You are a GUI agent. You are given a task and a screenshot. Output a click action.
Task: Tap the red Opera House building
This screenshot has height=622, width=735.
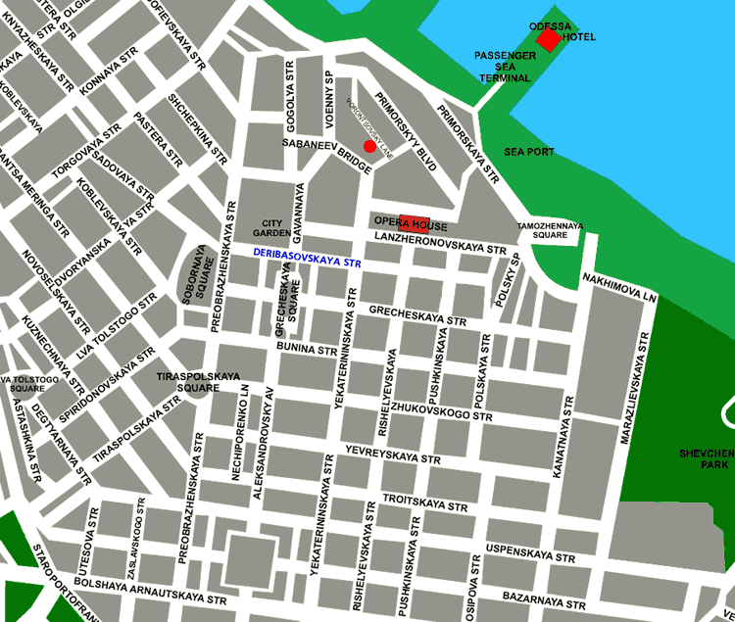(x=414, y=221)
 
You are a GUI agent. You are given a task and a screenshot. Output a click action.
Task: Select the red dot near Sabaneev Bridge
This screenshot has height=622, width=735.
(x=369, y=146)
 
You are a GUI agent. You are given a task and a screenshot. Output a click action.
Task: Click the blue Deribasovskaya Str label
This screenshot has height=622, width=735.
(x=307, y=258)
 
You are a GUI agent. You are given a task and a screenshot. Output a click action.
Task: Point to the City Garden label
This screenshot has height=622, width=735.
(x=271, y=228)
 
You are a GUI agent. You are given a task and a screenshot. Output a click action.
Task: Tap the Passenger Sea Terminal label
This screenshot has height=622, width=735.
(x=505, y=67)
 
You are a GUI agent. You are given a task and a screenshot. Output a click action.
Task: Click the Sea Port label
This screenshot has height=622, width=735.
(x=529, y=152)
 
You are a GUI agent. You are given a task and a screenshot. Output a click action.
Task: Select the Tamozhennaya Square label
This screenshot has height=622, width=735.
(x=550, y=230)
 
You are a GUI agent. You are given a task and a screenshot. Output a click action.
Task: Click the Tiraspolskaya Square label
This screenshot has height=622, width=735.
(x=189, y=381)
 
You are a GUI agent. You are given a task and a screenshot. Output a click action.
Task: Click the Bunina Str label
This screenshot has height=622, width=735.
(x=307, y=348)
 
